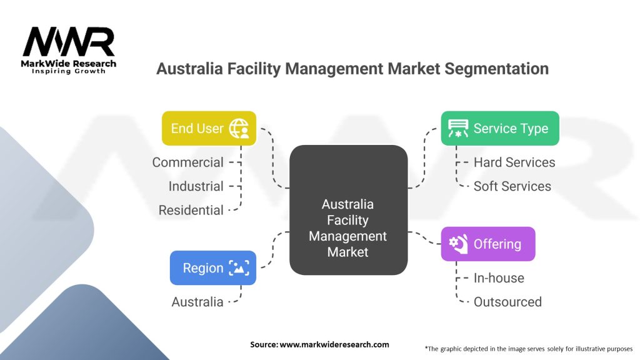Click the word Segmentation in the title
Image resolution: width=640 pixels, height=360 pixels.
click(x=497, y=68)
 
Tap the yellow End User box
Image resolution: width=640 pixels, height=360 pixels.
click(x=209, y=128)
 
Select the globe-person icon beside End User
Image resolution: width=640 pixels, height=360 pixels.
click(x=239, y=128)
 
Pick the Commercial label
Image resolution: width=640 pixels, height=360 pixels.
click(x=187, y=162)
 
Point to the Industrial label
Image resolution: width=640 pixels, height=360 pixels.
click(x=196, y=186)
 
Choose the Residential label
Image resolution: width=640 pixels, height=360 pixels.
click(x=191, y=210)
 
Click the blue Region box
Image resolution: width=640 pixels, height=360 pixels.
click(x=212, y=268)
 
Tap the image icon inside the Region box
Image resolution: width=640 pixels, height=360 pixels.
click(x=239, y=268)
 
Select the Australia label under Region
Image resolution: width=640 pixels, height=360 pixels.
click(x=197, y=302)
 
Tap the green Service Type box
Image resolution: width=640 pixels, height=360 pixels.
click(x=499, y=128)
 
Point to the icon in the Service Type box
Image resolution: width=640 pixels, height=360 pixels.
click(x=458, y=128)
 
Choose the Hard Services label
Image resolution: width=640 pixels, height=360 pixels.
click(x=514, y=162)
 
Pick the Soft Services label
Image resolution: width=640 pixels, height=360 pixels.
click(x=512, y=186)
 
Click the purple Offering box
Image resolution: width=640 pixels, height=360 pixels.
click(x=487, y=244)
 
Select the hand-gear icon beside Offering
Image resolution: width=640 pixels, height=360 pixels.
click(x=459, y=244)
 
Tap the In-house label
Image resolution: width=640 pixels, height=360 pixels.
click(x=499, y=278)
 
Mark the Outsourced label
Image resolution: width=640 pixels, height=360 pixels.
click(x=507, y=302)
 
